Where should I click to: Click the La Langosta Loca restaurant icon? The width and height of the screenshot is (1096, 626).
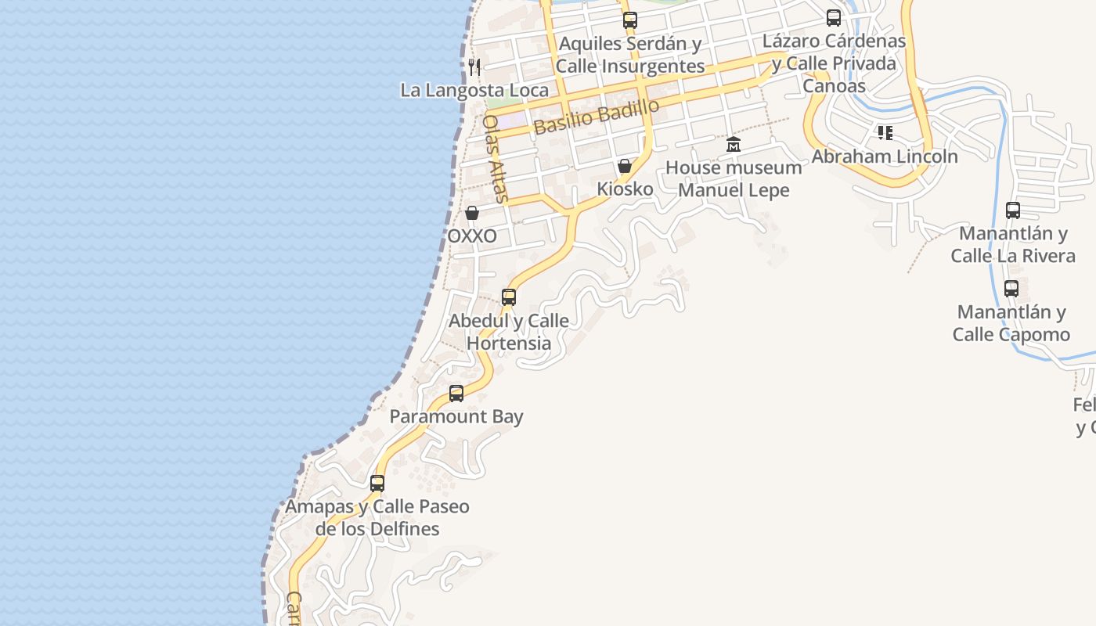[474, 67]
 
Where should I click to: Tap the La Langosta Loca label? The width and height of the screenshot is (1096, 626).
[474, 90]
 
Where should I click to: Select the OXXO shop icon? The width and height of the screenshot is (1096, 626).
[472, 213]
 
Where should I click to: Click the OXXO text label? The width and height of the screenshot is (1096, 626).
[472, 236]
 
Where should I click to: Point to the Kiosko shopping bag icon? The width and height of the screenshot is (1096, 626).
[625, 166]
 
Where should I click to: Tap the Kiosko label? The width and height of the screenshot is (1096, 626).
[625, 189]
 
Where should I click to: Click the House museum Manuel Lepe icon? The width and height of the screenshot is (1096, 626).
[734, 145]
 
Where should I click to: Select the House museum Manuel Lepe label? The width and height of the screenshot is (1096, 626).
[734, 178]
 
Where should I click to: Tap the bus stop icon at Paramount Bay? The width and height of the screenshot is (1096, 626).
[456, 394]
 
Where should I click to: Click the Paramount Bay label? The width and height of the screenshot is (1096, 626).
[456, 416]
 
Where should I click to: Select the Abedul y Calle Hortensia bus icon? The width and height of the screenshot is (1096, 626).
[509, 297]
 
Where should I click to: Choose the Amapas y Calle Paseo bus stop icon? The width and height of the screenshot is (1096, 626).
[377, 484]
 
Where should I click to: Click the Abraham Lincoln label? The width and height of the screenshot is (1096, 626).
[885, 156]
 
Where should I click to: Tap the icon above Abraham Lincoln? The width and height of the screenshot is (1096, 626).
[885, 133]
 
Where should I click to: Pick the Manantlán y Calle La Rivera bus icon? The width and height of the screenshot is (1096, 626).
[1013, 210]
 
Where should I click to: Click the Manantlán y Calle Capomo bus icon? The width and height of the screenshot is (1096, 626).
[1011, 289]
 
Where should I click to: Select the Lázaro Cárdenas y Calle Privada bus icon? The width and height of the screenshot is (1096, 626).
[834, 18]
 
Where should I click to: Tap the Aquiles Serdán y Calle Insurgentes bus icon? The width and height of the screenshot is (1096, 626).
[630, 21]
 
